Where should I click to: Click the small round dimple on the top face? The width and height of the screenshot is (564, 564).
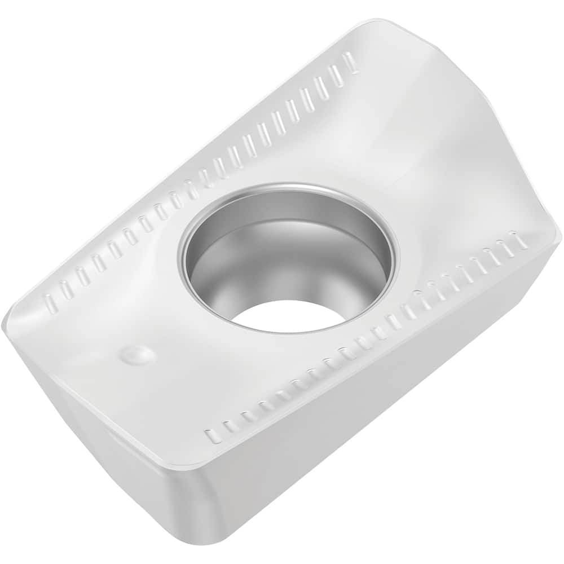[x=138, y=355]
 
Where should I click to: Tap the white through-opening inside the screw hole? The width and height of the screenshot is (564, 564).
[x=288, y=316]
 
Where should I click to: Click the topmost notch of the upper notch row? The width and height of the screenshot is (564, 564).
[x=351, y=62]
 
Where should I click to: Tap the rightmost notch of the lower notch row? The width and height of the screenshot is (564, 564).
[x=519, y=240]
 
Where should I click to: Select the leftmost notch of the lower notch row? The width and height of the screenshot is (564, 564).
[x=213, y=436]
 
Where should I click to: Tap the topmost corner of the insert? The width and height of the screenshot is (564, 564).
[x=384, y=21]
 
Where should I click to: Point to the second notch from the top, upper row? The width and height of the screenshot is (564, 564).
[x=337, y=75]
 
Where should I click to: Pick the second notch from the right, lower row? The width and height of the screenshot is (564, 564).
[x=505, y=246]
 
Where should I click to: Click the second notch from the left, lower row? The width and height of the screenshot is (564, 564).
[x=230, y=426]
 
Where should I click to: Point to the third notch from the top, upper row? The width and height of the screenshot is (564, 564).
[x=322, y=87]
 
